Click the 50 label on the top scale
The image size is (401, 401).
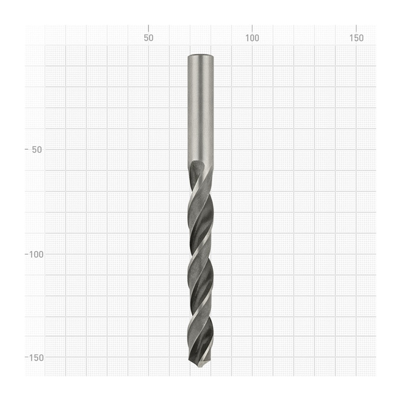[148, 38]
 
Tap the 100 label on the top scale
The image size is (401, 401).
[252, 38]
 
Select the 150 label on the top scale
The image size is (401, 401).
[356, 38]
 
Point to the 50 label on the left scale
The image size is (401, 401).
[37, 150]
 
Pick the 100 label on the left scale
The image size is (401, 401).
[36, 255]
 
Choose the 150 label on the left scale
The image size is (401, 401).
[36, 358]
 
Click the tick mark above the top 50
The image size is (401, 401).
[148, 29]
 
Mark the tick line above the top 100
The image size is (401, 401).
[252, 29]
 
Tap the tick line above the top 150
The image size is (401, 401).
[356, 29]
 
